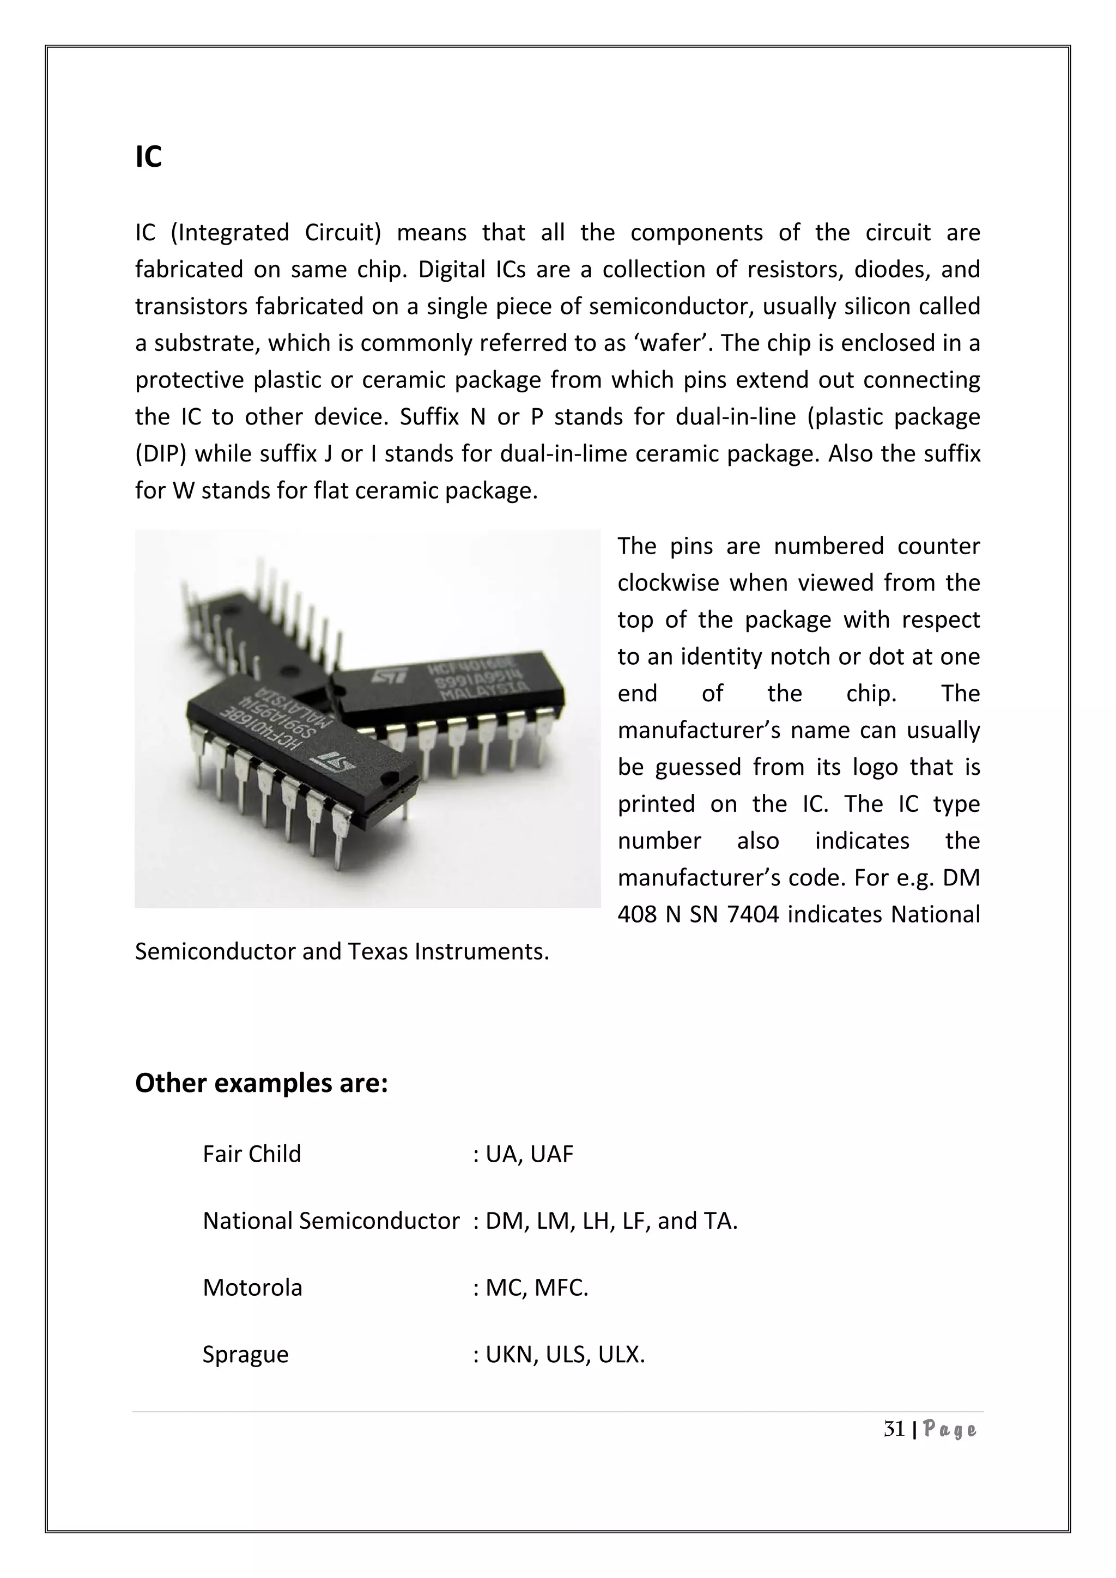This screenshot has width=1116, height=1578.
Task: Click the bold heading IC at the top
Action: (148, 157)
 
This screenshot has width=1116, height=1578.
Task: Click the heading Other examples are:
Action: (261, 1083)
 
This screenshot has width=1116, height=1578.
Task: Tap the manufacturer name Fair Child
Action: (252, 1154)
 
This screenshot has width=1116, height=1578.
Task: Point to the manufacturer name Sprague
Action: (245, 1355)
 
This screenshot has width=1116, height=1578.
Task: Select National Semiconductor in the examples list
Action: (331, 1221)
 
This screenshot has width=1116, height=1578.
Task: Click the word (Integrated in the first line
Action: (229, 233)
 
